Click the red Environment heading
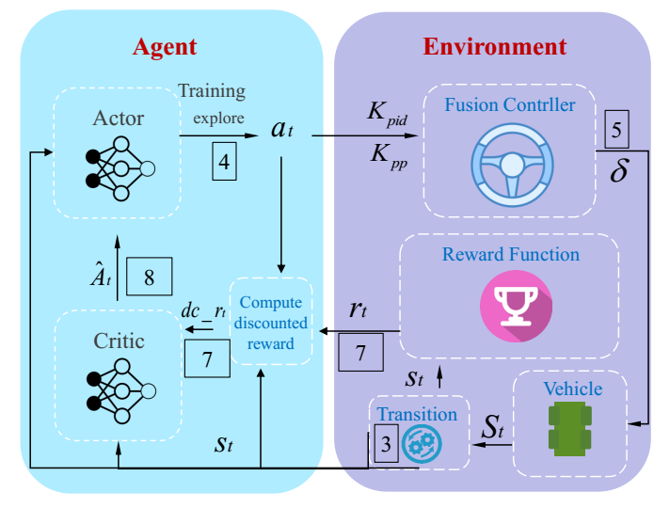pyautogui.click(x=495, y=47)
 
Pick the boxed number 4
pyautogui.click(x=224, y=161)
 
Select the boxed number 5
pyautogui.click(x=616, y=131)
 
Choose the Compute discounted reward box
pyautogui.click(x=270, y=324)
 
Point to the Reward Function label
pyautogui.click(x=511, y=255)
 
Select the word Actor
pyautogui.click(x=119, y=119)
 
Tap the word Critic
pyautogui.click(x=119, y=340)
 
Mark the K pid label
pyautogui.click(x=385, y=112)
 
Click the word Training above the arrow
pyautogui.click(x=212, y=92)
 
